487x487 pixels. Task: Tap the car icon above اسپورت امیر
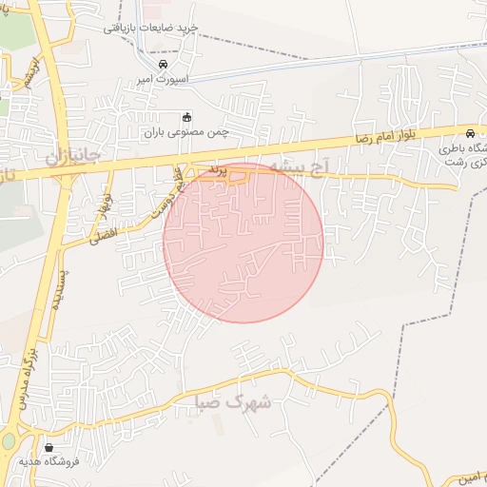163,63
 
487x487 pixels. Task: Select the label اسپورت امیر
163,80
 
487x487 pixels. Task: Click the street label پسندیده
58,284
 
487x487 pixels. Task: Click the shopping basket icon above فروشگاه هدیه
49,447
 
